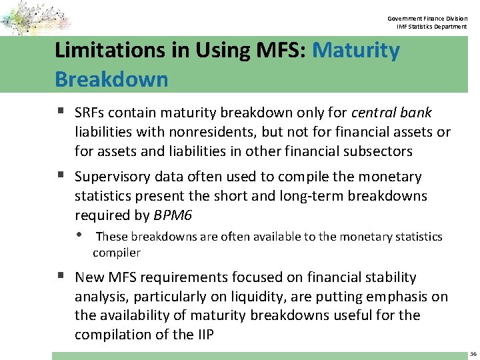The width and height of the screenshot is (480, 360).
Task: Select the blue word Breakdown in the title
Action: pyautogui.click(x=111, y=79)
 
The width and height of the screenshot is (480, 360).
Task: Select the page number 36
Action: pyautogui.click(x=473, y=353)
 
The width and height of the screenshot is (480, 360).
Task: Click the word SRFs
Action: pyautogui.click(x=90, y=113)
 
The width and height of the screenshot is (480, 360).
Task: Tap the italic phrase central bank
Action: pyautogui.click(x=391, y=113)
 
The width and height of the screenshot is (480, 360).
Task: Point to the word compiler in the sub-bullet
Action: pyautogui.click(x=117, y=253)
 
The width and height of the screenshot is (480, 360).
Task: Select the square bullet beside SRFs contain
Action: pyautogui.click(x=61, y=112)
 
